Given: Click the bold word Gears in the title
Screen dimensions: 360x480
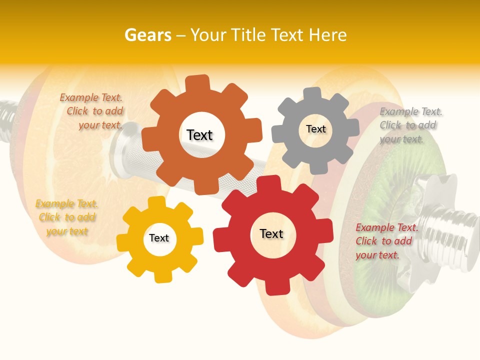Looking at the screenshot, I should coord(147,35).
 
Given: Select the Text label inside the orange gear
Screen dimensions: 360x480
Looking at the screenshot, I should coord(199,135).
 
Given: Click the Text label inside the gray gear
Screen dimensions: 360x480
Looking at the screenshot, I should coord(315,129).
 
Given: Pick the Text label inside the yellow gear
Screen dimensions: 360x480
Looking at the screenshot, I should coord(159,238).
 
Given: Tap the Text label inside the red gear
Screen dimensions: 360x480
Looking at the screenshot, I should coord(271,233).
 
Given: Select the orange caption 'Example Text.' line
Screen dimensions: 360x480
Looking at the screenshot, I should coord(91,98).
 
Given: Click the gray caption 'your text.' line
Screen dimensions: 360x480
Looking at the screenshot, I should coord(401,139).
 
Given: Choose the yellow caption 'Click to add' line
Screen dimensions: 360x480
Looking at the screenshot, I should coord(67,217).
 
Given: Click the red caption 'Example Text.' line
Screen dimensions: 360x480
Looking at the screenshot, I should coord(386,227).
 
